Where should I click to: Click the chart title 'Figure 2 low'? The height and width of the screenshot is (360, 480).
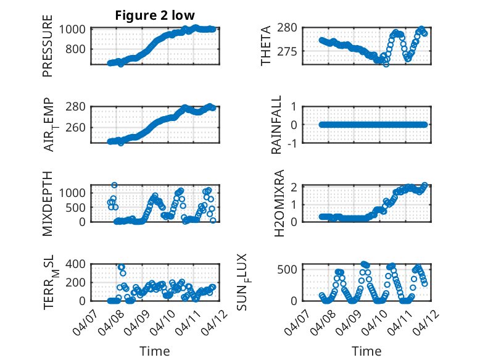click(155, 15)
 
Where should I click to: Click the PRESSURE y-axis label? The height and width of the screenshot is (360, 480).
click(48, 46)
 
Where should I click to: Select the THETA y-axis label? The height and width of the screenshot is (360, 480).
click(266, 46)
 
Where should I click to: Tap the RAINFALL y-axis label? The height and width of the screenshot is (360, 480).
click(277, 125)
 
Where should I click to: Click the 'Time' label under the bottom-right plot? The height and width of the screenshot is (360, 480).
click(366, 351)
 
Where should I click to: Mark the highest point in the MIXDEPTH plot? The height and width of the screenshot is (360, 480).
click(115, 185)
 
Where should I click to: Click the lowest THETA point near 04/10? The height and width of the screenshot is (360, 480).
click(386, 64)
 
